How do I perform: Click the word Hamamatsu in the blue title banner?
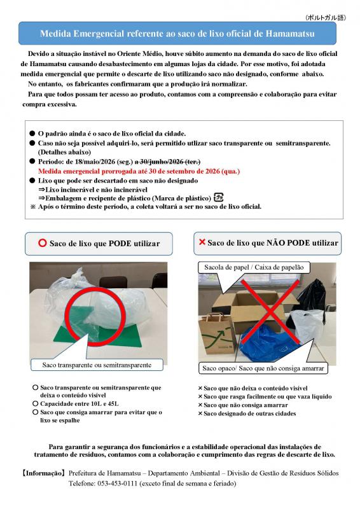point(290,34)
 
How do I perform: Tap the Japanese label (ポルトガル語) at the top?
point(326,18)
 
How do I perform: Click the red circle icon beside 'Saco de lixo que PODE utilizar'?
point(43,243)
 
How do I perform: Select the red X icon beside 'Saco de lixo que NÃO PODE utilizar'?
point(202,242)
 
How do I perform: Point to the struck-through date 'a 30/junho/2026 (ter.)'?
point(167,162)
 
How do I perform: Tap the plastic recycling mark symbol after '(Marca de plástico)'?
point(218,197)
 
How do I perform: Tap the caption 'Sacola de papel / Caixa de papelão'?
point(254,267)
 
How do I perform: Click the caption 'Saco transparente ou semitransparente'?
point(97,365)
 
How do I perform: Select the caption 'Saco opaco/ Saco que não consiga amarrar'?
point(263,368)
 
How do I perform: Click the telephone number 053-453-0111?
point(117,484)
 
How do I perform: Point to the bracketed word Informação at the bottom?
point(43,473)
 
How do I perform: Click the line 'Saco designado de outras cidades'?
point(249,414)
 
